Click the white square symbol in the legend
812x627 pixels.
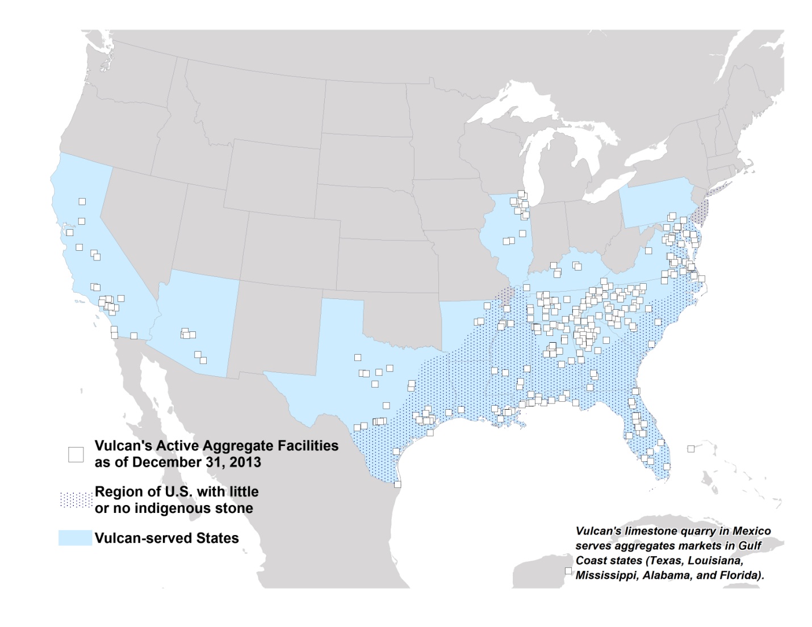tap(76, 454)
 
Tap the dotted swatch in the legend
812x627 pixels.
tap(76, 500)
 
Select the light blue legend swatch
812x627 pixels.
tap(75, 538)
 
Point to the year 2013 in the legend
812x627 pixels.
tap(245, 462)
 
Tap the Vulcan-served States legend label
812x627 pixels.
tap(167, 538)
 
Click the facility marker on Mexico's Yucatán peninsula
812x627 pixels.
tap(568, 571)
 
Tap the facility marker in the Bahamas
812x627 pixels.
tap(691, 449)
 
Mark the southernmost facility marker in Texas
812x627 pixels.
tap(397, 484)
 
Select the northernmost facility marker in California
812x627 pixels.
tap(82, 201)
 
